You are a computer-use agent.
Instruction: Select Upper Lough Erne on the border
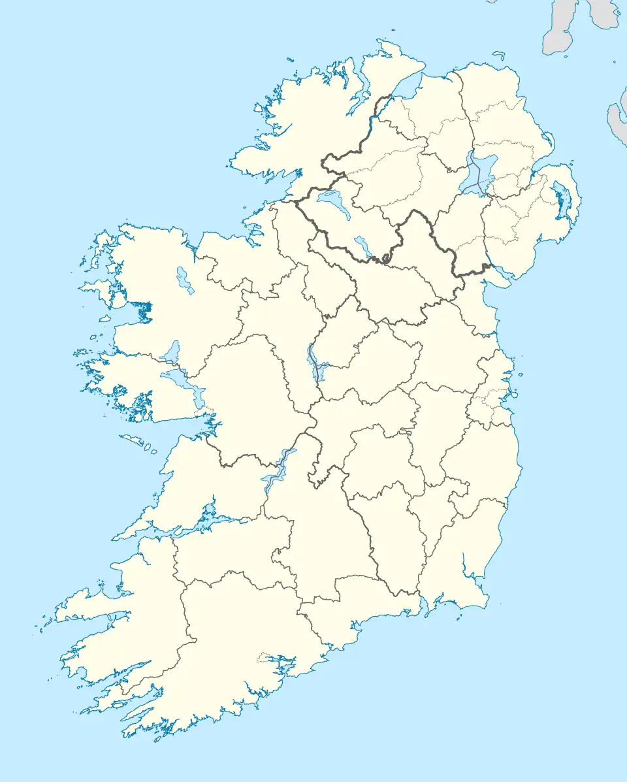[363, 247]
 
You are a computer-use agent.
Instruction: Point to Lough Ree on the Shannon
[314, 363]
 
